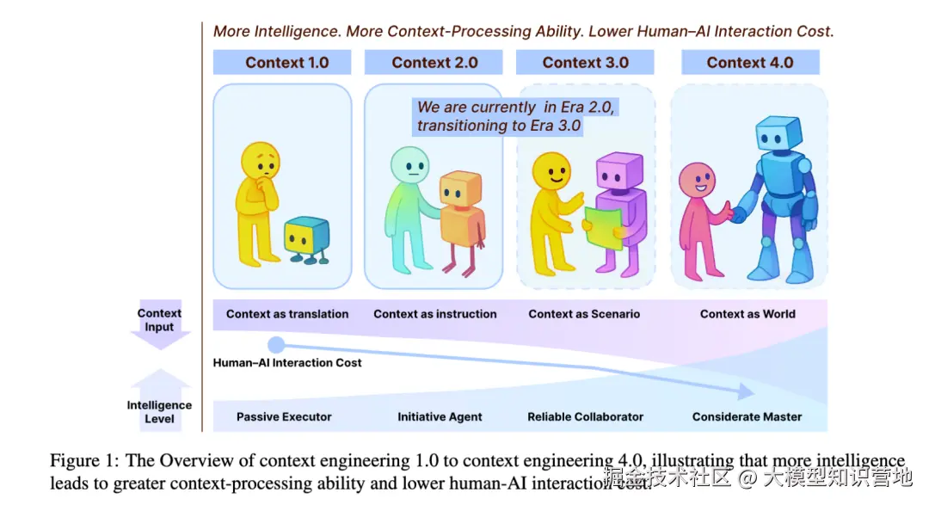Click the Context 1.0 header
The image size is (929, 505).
tap(286, 63)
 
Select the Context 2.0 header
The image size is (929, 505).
tap(434, 63)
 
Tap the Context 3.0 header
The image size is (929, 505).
tap(585, 63)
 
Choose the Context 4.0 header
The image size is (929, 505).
tap(749, 63)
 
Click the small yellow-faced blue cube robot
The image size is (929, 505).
tap(306, 237)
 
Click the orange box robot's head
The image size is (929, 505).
tap(460, 189)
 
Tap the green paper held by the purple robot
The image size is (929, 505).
tap(604, 227)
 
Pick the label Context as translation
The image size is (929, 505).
tap(287, 314)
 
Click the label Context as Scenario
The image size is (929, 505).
tap(584, 314)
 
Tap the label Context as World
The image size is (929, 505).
tap(748, 314)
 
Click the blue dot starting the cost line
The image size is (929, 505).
tap(276, 345)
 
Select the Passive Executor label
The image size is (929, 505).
tap(284, 417)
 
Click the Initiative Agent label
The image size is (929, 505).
tap(440, 417)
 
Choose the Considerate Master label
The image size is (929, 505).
tap(747, 417)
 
